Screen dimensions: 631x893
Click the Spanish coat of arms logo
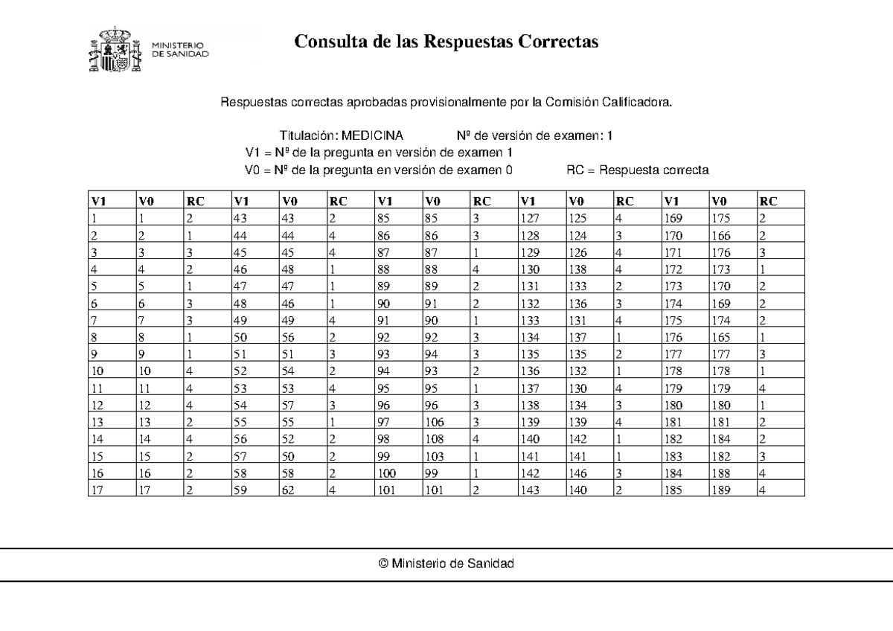coord(113,50)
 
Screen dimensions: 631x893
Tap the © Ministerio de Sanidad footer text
coord(446,564)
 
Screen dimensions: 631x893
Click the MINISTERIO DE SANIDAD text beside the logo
coord(180,50)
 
